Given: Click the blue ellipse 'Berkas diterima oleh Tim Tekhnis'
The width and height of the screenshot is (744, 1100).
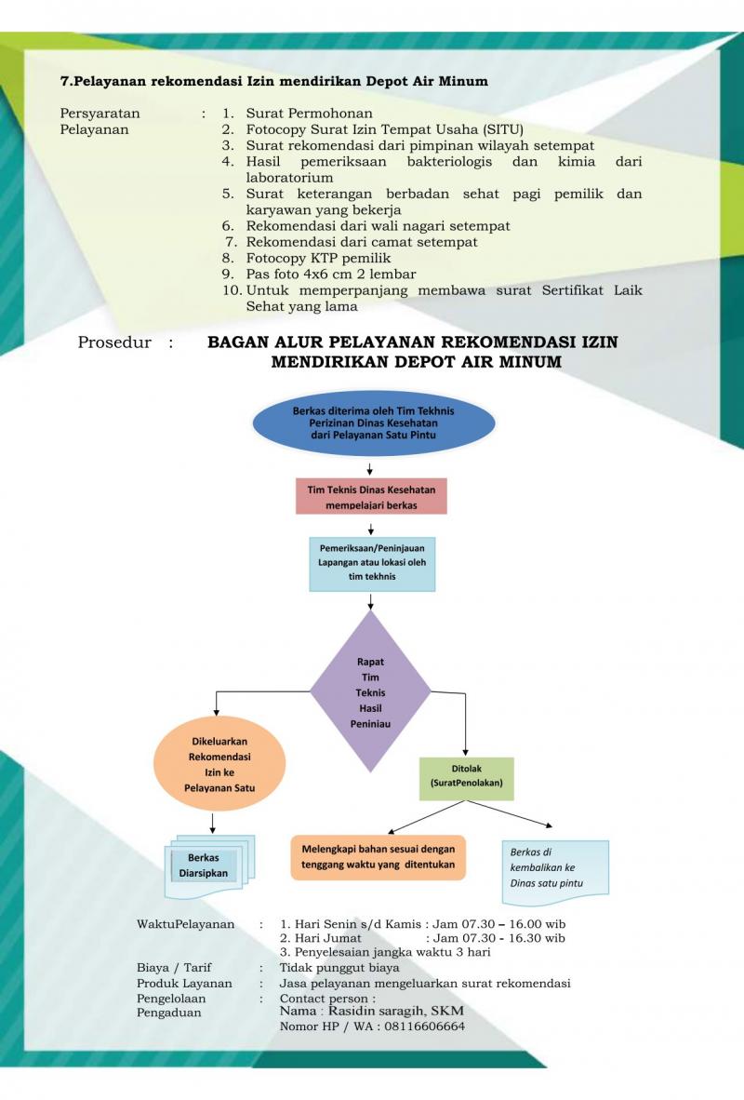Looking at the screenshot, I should click(x=374, y=423).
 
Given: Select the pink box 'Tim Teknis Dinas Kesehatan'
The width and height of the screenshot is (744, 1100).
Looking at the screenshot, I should click(x=371, y=496).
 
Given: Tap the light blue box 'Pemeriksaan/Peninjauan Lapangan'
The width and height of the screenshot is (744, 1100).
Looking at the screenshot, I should click(x=372, y=563).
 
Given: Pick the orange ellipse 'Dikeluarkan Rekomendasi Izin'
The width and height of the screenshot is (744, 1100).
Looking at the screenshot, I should click(x=216, y=765).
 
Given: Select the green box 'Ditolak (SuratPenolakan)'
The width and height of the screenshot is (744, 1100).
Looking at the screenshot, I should click(x=466, y=777).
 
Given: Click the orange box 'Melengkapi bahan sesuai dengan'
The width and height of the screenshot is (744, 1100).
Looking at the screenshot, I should click(x=378, y=856).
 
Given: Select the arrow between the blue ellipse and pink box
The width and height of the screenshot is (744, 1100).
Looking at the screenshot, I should click(x=370, y=468).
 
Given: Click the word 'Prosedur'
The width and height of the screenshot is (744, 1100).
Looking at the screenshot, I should click(x=114, y=342).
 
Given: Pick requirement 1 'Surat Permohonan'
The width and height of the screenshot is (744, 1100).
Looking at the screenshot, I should click(x=310, y=114).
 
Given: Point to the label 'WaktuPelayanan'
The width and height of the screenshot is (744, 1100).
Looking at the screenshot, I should click(x=186, y=924).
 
